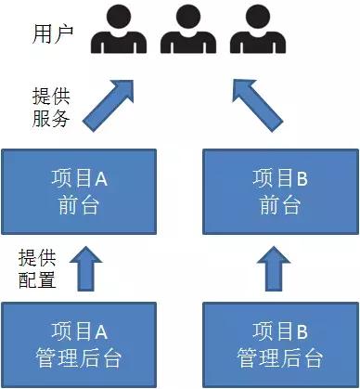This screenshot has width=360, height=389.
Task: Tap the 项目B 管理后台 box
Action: click(278, 343)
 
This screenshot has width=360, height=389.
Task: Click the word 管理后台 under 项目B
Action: click(278, 357)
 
